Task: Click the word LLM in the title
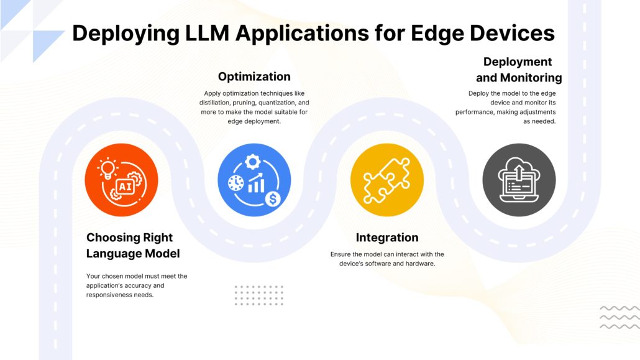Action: coord(208,33)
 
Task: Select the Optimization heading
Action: coord(254,77)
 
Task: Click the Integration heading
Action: coord(387,238)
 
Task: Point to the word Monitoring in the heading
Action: coord(531,78)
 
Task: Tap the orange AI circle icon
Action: coord(121,180)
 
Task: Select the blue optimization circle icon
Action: coord(254,180)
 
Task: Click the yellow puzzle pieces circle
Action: coord(387,180)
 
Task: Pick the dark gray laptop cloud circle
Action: coord(519,180)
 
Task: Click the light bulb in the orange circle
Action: coord(107,168)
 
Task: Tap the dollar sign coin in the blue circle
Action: coord(273,199)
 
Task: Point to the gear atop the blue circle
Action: coord(253,162)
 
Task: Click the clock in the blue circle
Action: coord(236,183)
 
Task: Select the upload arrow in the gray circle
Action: coord(519,172)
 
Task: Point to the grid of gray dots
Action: coord(258,295)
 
